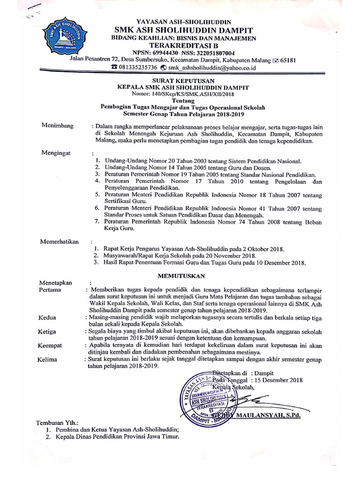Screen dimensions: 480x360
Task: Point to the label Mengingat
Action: (55, 153)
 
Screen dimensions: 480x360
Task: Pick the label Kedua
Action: (47, 317)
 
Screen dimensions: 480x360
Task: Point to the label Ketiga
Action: (47, 331)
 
